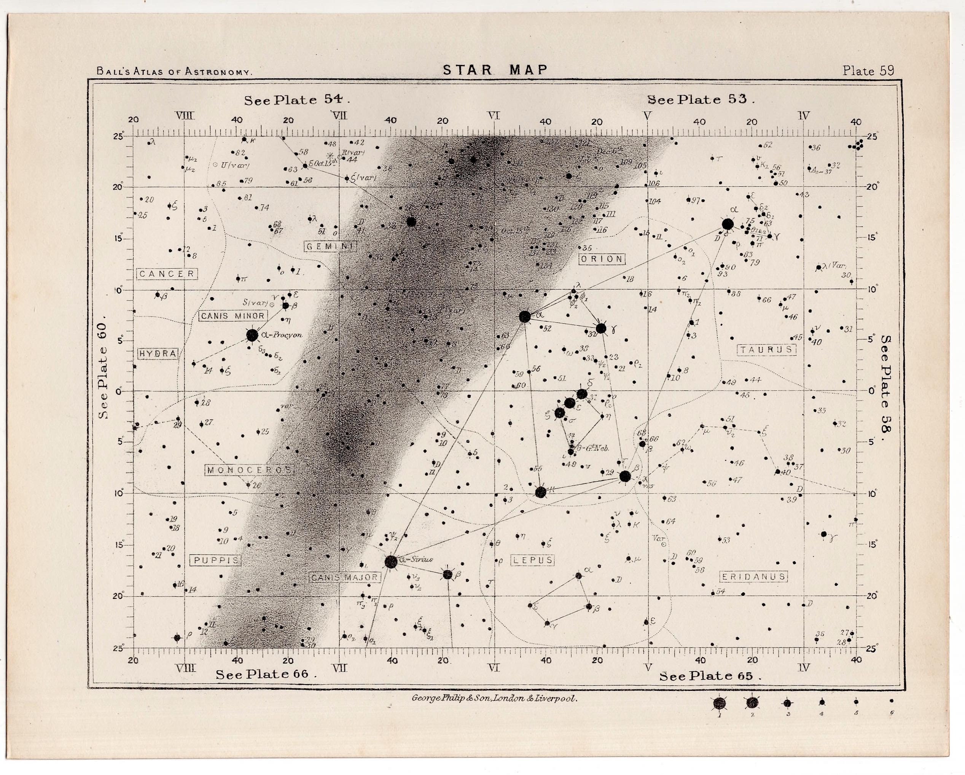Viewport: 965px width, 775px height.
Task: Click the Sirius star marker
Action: pyautogui.click(x=391, y=562)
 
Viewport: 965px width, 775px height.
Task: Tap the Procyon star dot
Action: pyautogui.click(x=252, y=335)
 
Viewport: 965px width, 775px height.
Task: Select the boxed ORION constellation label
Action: pyautogui.click(x=602, y=259)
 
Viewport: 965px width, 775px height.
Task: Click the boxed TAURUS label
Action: pyautogui.click(x=766, y=350)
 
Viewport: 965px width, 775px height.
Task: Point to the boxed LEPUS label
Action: pyautogui.click(x=533, y=560)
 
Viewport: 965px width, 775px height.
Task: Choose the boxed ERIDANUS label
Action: pyautogui.click(x=754, y=577)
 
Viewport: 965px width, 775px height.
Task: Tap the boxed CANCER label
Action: pyautogui.click(x=167, y=274)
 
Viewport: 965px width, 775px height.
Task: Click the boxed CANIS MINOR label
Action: pyautogui.click(x=233, y=316)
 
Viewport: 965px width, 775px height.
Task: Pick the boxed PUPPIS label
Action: pyautogui.click(x=216, y=560)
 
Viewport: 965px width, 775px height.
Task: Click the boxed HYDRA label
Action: pyautogui.click(x=158, y=353)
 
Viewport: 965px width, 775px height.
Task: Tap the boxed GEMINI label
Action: pyautogui.click(x=330, y=246)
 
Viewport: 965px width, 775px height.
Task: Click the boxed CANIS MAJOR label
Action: pyautogui.click(x=345, y=578)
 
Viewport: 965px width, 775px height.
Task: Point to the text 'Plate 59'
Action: pyautogui.click(x=868, y=71)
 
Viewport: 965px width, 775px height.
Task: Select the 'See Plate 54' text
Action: pyautogui.click(x=296, y=100)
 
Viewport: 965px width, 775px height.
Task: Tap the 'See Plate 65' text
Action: pyautogui.click(x=709, y=676)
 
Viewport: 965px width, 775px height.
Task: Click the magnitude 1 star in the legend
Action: pyautogui.click(x=720, y=703)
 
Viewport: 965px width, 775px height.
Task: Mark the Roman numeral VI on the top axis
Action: pyautogui.click(x=494, y=116)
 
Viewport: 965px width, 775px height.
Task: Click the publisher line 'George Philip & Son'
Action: pyautogui.click(x=494, y=699)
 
